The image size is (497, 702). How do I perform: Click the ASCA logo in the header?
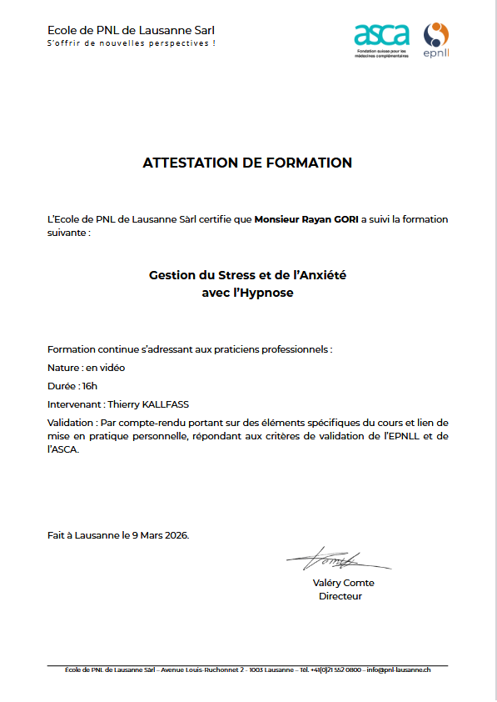point(382,38)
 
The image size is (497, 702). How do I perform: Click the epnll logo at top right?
point(436,40)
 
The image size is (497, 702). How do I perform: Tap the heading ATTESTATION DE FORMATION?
point(247,163)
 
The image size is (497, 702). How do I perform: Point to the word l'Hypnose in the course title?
point(264,293)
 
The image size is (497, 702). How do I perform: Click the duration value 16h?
point(88,386)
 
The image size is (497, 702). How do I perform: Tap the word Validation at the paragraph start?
point(71,423)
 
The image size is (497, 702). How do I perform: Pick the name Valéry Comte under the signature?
point(343,583)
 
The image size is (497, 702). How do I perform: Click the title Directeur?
point(340,596)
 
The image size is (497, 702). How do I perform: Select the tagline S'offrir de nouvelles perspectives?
point(132,43)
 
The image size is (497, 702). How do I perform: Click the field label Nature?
point(63,368)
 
